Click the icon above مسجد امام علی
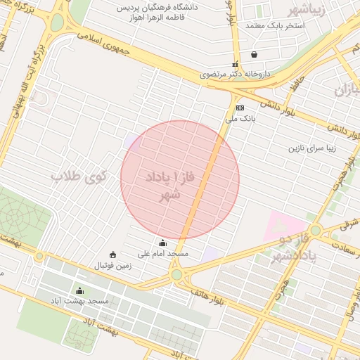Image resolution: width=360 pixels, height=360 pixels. (163, 243)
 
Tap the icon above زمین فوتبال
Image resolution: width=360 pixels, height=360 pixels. (112, 255)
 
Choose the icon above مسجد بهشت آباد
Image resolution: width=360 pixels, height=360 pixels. (79, 291)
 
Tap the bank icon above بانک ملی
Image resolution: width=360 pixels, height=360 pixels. (240, 108)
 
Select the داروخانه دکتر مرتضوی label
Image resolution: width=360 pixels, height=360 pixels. (226, 74)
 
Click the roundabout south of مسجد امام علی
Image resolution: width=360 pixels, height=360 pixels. (176, 274)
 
